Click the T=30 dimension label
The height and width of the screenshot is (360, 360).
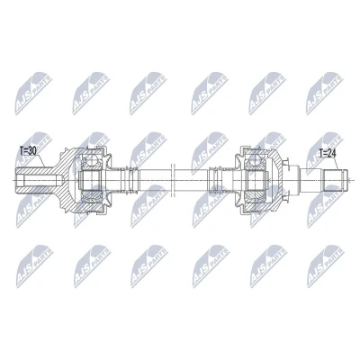(28, 151)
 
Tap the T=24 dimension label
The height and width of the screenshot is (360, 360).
(328, 154)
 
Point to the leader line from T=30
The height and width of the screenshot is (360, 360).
(40, 161)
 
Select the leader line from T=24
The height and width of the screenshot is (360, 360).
(337, 164)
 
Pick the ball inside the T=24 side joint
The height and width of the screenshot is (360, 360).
(256, 160)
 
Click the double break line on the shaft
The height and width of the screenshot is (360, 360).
(172, 180)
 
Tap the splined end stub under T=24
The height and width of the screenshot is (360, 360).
(334, 180)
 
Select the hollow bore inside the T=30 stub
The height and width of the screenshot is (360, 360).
(39, 180)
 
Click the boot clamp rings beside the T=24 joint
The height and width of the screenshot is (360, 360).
(215, 180)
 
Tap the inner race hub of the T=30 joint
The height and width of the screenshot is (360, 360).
(90, 180)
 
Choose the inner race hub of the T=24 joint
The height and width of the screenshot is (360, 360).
(256, 180)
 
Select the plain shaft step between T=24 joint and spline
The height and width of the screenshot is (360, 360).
(310, 180)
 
